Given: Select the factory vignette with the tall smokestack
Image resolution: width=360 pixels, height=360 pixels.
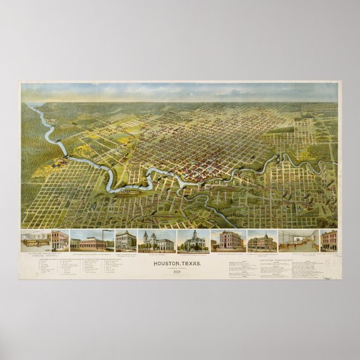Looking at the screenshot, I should [91, 241].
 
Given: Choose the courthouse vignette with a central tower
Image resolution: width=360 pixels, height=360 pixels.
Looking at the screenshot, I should [193, 241].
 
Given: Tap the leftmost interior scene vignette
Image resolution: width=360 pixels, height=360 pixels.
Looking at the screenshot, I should [35, 241].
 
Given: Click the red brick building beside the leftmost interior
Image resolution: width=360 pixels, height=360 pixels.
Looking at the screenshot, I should [60, 241].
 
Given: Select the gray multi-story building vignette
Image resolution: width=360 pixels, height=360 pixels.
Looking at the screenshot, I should [126, 241].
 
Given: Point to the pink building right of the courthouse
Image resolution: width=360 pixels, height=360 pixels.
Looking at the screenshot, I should [228, 241].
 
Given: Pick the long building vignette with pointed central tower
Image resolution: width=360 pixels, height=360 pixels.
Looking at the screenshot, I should [262, 241].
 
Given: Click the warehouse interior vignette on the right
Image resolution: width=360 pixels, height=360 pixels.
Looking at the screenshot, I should [299, 241].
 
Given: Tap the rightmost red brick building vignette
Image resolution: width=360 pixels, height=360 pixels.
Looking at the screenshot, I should [329, 241].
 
